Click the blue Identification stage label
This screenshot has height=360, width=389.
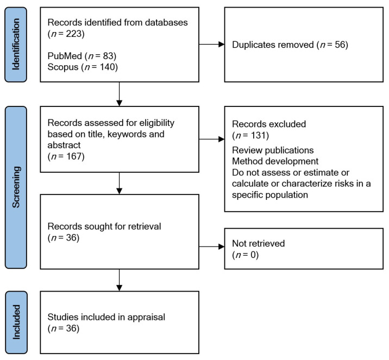16,45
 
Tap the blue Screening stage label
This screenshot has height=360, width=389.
16,187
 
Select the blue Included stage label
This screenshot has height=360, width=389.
16,323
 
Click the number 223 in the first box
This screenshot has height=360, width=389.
73,34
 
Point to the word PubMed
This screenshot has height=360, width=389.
65,56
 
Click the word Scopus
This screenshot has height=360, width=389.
63,67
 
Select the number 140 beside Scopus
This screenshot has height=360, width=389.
108,67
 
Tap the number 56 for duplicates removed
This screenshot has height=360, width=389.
340,45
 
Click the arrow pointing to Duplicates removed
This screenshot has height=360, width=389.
212,45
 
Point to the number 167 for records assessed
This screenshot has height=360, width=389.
74,156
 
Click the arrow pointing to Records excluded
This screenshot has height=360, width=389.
212,139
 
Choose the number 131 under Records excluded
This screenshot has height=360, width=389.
258,135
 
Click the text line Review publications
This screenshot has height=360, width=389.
273,150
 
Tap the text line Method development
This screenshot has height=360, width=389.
275,161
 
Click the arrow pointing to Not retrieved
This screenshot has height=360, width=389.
212,247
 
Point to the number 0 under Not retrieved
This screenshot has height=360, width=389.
253,255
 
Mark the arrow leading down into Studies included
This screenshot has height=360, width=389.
120,280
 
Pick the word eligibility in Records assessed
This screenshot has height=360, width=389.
157,123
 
